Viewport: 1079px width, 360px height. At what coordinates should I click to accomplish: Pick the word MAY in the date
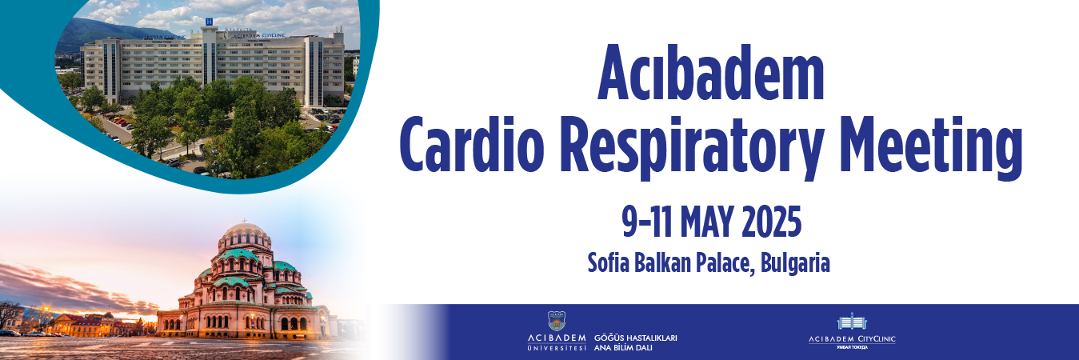707,223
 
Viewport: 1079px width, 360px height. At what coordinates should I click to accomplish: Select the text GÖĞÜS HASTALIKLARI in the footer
636,338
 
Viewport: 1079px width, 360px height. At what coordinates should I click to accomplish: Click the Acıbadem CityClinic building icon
851,322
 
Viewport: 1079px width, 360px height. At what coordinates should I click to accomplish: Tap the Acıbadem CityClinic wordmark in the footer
852,339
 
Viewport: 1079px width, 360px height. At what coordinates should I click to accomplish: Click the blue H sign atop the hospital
209,21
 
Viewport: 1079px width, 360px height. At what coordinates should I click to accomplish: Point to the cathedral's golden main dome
244,236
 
